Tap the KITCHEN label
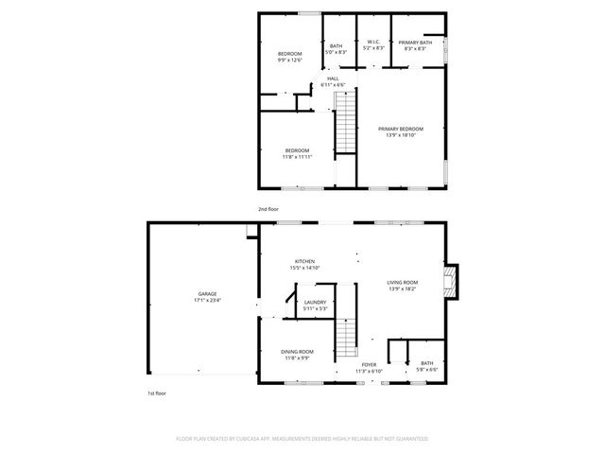(x=303, y=261)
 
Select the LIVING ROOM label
(x=402, y=282)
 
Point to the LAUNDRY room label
(x=316, y=302)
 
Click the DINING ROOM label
(x=298, y=352)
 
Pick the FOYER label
(x=368, y=364)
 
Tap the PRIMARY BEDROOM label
(x=401, y=129)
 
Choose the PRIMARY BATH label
(x=415, y=44)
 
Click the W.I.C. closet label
(x=373, y=42)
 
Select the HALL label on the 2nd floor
(x=333, y=79)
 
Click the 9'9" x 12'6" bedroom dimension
(x=289, y=61)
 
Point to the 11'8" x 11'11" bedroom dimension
(x=298, y=156)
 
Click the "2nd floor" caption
(x=268, y=208)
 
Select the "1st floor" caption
(x=156, y=393)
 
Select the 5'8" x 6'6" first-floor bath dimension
(x=426, y=369)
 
